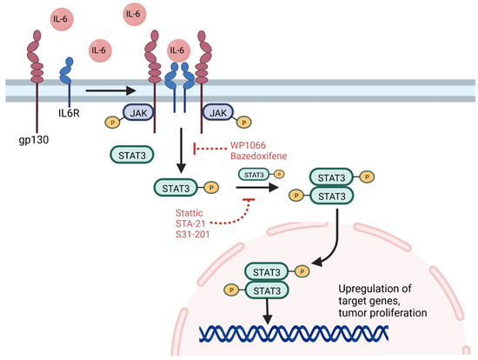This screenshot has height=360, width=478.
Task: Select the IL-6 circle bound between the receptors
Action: click(178, 52)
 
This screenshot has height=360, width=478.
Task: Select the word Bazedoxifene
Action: click(260, 159)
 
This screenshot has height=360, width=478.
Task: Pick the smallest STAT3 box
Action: click(255, 174)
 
